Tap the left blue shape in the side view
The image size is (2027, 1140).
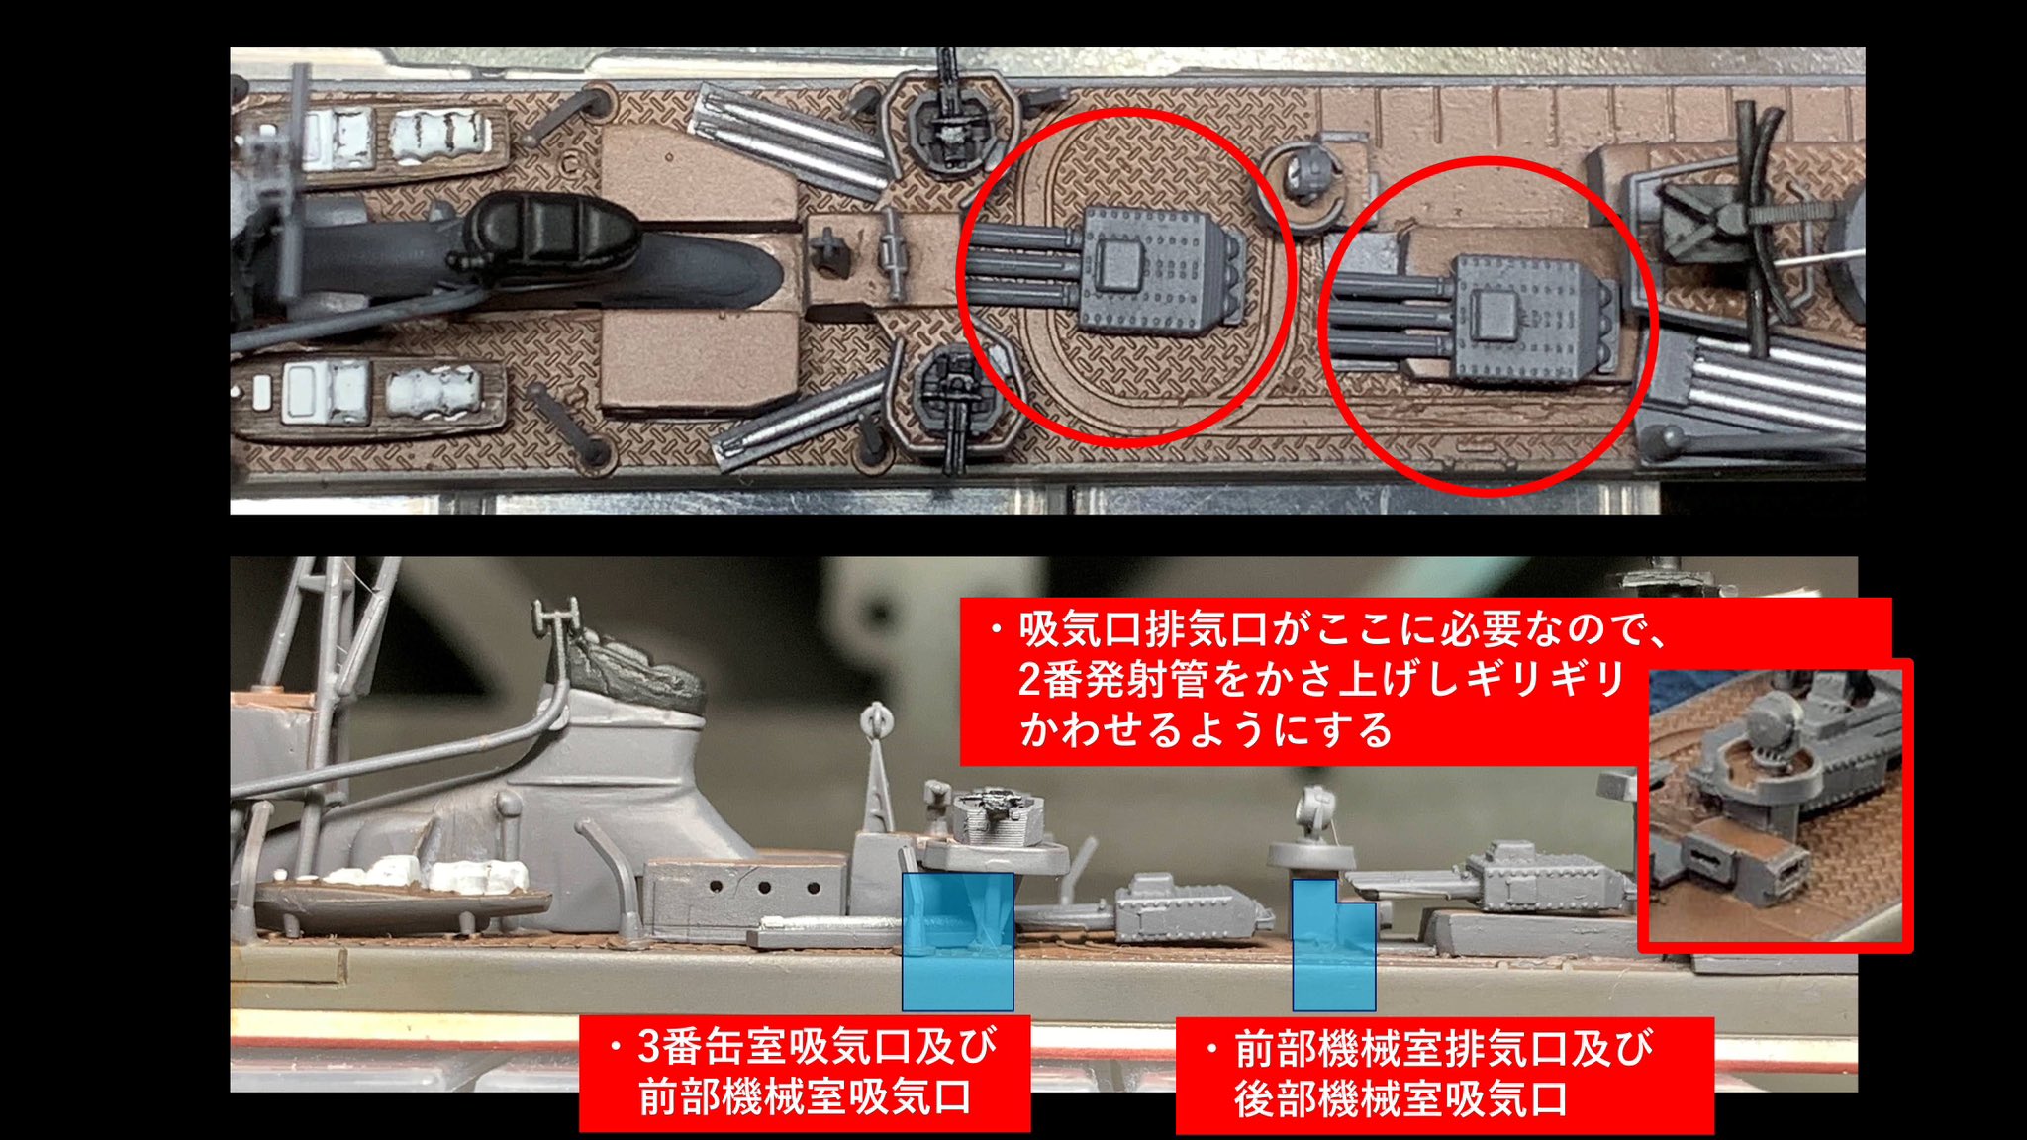tap(958, 940)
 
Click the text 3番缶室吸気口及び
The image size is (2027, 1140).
tap(818, 1046)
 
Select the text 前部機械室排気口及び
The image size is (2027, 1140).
tap(1444, 1049)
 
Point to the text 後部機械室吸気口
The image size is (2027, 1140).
tap(1401, 1099)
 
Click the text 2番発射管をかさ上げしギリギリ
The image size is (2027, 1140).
tap(1322, 679)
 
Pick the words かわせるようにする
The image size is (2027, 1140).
tap(1206, 730)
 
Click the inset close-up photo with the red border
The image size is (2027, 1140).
tap(1776, 806)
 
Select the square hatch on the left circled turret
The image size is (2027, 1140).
tap(1116, 264)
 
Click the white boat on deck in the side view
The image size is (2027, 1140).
tap(426, 872)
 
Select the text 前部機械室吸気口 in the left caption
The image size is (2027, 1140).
tap(805, 1097)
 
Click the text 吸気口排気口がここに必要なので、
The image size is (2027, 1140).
tap(1344, 628)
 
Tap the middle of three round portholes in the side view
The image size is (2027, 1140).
tap(765, 886)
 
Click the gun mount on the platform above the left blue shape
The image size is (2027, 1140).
tap(998, 815)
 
